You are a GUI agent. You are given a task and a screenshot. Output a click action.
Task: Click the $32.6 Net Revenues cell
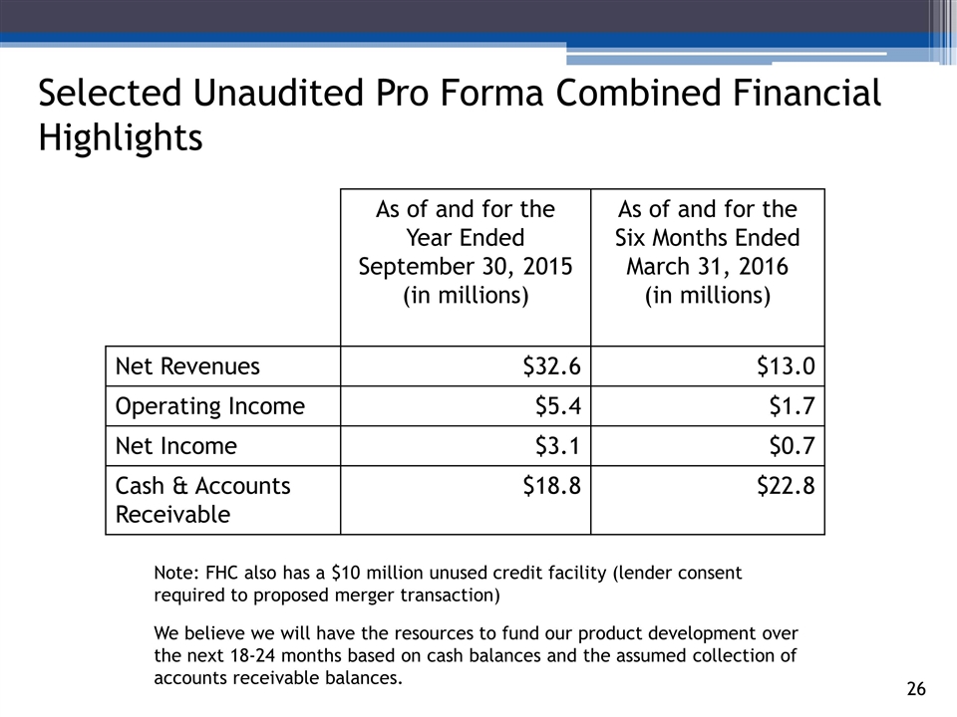pos(552,367)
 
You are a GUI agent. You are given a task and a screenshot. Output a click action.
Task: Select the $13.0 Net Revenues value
pos(787,367)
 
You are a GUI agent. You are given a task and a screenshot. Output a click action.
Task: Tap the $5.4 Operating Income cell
pos(558,406)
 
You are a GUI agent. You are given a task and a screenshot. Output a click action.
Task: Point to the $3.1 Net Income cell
pos(558,446)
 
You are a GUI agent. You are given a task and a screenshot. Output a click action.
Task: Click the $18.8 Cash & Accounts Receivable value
pos(552,486)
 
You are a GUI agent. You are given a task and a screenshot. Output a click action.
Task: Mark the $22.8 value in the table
pos(787,486)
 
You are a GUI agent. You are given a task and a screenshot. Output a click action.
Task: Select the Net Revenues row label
pos(187,366)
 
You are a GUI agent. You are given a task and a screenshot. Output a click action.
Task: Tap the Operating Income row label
pos(210,406)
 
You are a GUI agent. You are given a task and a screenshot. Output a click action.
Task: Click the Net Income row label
pos(176,446)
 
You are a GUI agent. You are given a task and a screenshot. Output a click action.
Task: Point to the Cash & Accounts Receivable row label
pos(203,500)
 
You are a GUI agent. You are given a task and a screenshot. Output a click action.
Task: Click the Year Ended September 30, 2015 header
pos(465,253)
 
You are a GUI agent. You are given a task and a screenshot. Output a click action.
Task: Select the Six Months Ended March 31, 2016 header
pos(707,253)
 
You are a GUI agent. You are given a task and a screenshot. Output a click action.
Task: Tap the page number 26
pos(916,689)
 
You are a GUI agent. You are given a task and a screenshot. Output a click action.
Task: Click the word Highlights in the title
pos(120,137)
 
